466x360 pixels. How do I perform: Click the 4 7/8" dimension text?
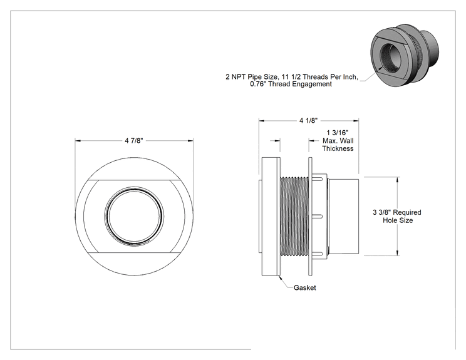(134, 140)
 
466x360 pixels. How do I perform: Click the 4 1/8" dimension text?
(309, 121)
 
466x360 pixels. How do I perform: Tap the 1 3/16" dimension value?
(338, 133)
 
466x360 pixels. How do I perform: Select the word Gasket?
(304, 287)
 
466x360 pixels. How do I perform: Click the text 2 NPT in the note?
(236, 77)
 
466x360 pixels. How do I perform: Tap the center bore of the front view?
(135, 216)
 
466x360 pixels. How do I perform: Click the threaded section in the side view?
(294, 217)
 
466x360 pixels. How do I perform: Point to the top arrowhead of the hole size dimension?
(398, 180)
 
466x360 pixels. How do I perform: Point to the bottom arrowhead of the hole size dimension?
(398, 253)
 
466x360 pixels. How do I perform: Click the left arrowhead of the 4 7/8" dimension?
(78, 141)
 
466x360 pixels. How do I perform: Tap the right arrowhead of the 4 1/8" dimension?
(356, 121)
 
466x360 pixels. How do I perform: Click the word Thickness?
(338, 148)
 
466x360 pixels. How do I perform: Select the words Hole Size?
(398, 220)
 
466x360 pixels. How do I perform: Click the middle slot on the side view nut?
(318, 217)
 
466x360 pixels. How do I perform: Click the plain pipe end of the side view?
(344, 217)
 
